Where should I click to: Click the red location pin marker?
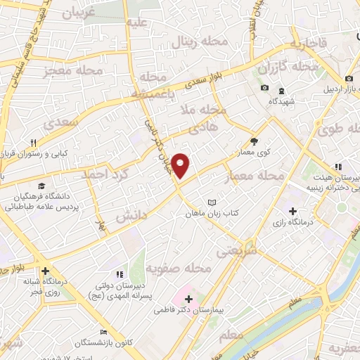(181, 166)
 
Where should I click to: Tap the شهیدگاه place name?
(281, 101)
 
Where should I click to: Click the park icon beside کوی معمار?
(254, 140)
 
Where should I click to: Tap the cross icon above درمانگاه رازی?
(292, 211)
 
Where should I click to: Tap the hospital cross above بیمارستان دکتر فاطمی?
(188, 299)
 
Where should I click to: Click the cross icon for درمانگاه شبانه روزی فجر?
(45, 271)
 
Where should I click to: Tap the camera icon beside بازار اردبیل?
(349, 79)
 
